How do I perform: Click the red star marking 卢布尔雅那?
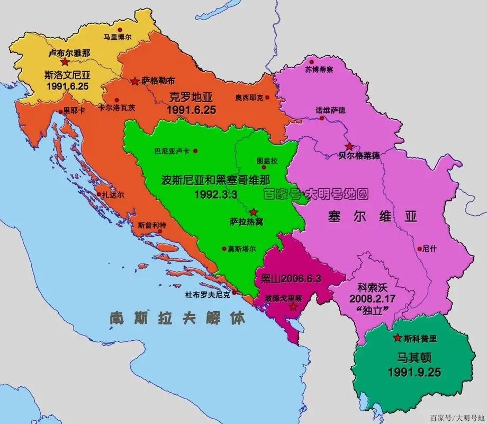(x=65, y=62)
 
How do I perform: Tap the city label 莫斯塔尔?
(x=241, y=249)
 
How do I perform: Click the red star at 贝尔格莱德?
(x=349, y=146)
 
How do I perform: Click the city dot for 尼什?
(x=419, y=248)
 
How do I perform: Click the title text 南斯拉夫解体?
(x=178, y=318)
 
